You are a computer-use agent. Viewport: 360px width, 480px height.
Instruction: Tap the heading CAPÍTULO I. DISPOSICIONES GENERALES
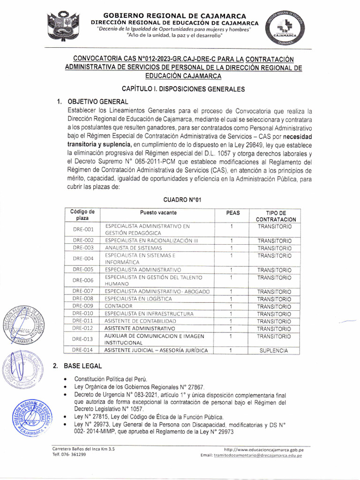[x=183, y=89]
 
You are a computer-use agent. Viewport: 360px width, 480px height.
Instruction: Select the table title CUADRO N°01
[x=182, y=200]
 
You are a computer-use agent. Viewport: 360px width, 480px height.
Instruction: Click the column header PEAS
[x=232, y=213]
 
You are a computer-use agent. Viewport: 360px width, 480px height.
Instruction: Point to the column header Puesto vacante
[x=156, y=213]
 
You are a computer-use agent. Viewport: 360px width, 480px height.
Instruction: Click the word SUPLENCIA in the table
[x=274, y=350]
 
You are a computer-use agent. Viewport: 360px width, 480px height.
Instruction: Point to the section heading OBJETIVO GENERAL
[x=97, y=101]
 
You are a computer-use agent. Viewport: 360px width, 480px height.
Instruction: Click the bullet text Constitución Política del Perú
[x=111, y=379]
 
